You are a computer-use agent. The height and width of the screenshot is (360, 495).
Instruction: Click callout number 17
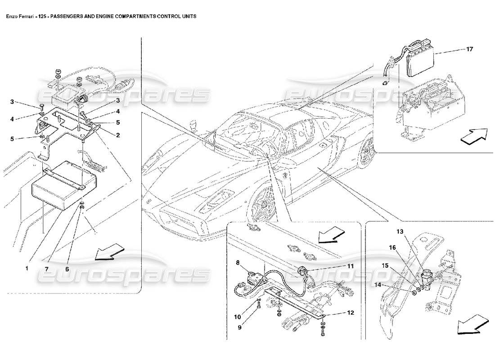pos(469,49)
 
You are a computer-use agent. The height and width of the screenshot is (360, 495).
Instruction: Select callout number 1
pos(27,269)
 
